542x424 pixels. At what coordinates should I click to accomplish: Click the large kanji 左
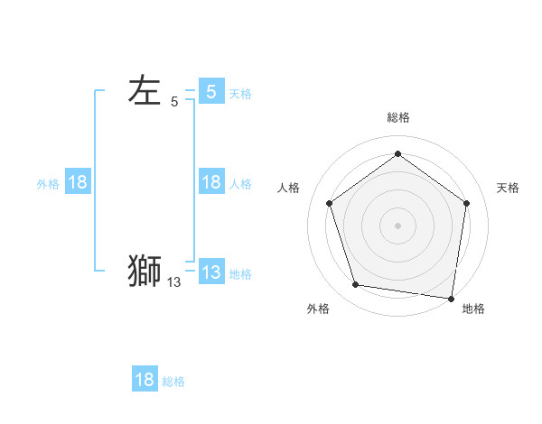(x=145, y=91)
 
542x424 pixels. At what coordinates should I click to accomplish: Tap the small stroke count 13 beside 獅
(x=173, y=282)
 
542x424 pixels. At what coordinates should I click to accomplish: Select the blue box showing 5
(x=211, y=91)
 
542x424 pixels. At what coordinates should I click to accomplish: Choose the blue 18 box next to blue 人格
(x=211, y=182)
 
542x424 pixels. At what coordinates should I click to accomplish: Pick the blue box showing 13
(x=211, y=272)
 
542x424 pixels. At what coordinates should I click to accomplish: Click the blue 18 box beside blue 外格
(x=78, y=182)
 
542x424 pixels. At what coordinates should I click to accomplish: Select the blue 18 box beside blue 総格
(x=145, y=380)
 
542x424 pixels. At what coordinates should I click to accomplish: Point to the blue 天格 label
(x=240, y=93)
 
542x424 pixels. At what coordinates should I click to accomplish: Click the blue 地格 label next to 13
(x=240, y=274)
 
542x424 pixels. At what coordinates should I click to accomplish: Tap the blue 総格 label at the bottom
(x=173, y=382)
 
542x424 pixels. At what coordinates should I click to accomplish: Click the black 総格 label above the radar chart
(x=397, y=117)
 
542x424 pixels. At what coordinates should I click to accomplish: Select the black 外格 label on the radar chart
(x=318, y=309)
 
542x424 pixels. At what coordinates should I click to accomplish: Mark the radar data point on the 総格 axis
(x=397, y=154)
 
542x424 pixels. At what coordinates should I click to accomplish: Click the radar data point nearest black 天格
(x=466, y=203)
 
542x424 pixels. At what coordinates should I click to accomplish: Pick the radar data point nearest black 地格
(x=451, y=298)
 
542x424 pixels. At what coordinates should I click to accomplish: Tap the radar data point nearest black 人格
(x=329, y=203)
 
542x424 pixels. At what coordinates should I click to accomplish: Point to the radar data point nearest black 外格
(x=356, y=285)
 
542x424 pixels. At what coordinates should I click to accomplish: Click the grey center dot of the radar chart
(x=397, y=225)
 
